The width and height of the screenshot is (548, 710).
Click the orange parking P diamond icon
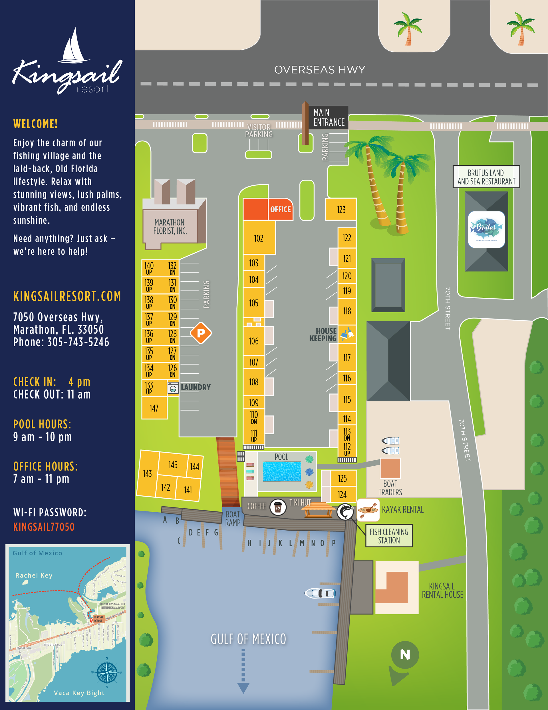(201, 333)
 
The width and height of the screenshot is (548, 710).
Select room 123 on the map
(341, 210)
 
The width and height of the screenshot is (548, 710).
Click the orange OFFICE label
(280, 209)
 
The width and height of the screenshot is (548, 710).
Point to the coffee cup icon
(278, 507)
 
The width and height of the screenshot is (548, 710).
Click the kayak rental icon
(368, 510)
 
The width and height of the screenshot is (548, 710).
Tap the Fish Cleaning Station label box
(389, 536)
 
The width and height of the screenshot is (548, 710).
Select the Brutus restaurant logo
(486, 229)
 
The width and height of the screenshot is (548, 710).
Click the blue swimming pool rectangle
(282, 471)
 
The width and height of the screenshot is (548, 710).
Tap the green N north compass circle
(405, 654)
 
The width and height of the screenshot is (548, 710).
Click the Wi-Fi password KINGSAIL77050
(44, 527)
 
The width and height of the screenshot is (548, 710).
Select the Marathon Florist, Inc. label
(170, 227)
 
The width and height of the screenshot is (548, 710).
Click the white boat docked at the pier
(320, 593)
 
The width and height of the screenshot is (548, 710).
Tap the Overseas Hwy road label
(320, 69)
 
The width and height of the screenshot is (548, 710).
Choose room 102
(259, 238)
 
